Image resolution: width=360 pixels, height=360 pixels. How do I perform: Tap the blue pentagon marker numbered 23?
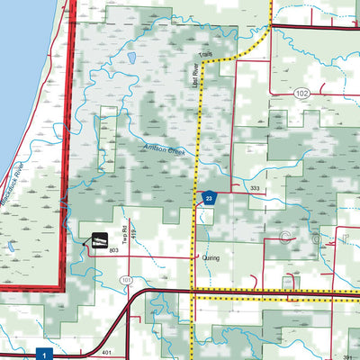(210, 198)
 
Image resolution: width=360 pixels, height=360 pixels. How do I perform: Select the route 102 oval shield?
(301, 93)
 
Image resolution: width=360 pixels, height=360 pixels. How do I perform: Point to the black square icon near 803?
(99, 240)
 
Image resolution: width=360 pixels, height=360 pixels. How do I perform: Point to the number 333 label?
(256, 189)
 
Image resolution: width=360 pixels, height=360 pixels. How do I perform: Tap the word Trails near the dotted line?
(205, 56)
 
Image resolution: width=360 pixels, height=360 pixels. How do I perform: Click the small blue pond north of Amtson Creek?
(131, 58)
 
